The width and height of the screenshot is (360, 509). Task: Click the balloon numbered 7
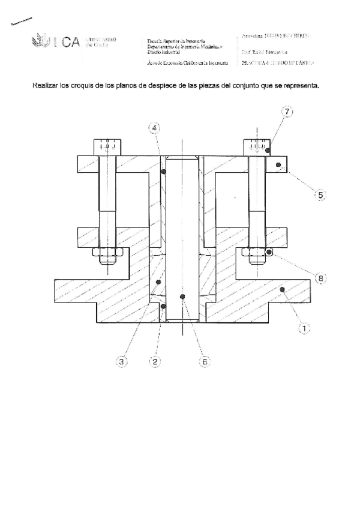(x=287, y=112)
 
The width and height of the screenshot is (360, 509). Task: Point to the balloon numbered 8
(x=320, y=278)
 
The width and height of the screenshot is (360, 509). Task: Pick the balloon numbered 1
(x=304, y=328)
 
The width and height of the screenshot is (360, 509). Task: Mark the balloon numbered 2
(x=155, y=361)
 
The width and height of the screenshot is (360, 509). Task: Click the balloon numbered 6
(x=204, y=361)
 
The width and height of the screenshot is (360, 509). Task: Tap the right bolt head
(x=257, y=147)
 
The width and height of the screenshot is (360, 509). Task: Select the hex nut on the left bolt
(x=107, y=256)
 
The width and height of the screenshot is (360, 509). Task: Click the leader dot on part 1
(x=281, y=290)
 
